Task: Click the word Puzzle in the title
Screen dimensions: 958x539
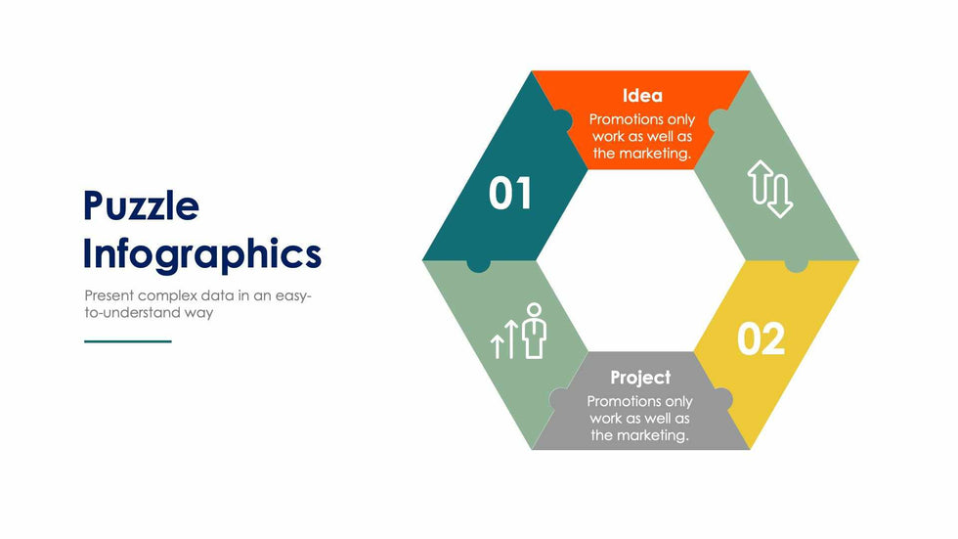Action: pyautogui.click(x=141, y=205)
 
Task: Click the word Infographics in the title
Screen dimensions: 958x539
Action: pyautogui.click(x=202, y=254)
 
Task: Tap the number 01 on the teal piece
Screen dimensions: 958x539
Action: pyautogui.click(x=510, y=194)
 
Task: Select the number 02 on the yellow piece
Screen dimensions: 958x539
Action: pyautogui.click(x=761, y=338)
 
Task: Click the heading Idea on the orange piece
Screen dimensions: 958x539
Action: pyautogui.click(x=642, y=95)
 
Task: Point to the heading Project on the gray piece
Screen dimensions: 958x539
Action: pyautogui.click(x=640, y=378)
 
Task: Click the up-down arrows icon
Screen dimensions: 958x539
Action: pyautogui.click(x=770, y=189)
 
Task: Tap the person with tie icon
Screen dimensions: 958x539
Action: pyautogui.click(x=535, y=331)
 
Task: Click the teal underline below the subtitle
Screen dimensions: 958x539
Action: pyautogui.click(x=128, y=341)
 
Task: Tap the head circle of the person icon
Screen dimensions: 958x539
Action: pyautogui.click(x=535, y=309)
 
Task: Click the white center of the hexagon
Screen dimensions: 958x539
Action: pyautogui.click(x=640, y=261)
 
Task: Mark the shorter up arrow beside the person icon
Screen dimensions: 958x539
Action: pyautogui.click(x=498, y=346)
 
